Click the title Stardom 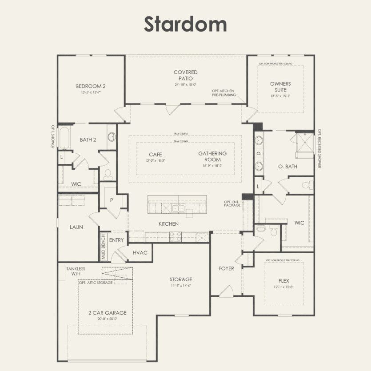point(185,24)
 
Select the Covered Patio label point(185,75)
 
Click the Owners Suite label point(280,87)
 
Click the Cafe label point(155,154)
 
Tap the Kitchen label point(168,224)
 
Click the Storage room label point(181,279)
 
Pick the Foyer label point(226,268)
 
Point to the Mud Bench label point(103,247)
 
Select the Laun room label point(76,227)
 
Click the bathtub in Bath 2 point(64,138)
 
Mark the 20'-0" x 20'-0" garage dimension point(105,319)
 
